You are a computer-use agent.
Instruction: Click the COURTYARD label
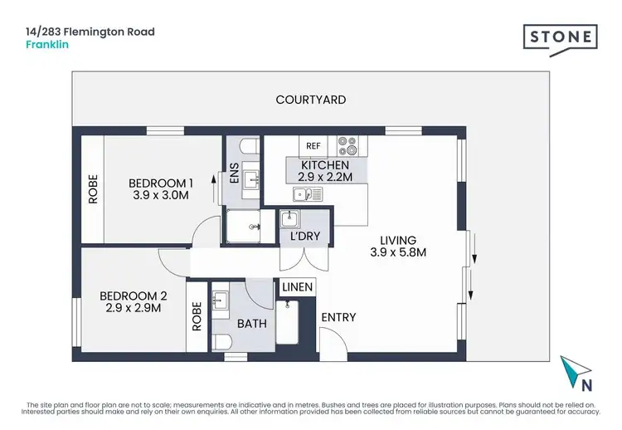310,100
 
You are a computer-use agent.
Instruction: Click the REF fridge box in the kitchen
313,146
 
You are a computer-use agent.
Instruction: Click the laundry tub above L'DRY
289,220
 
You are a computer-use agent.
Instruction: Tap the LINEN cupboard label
298,287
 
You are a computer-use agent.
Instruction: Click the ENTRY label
338,317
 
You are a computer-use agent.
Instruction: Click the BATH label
252,324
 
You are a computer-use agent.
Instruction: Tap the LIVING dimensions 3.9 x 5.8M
399,252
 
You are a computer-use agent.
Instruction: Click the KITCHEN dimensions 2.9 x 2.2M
320,177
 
